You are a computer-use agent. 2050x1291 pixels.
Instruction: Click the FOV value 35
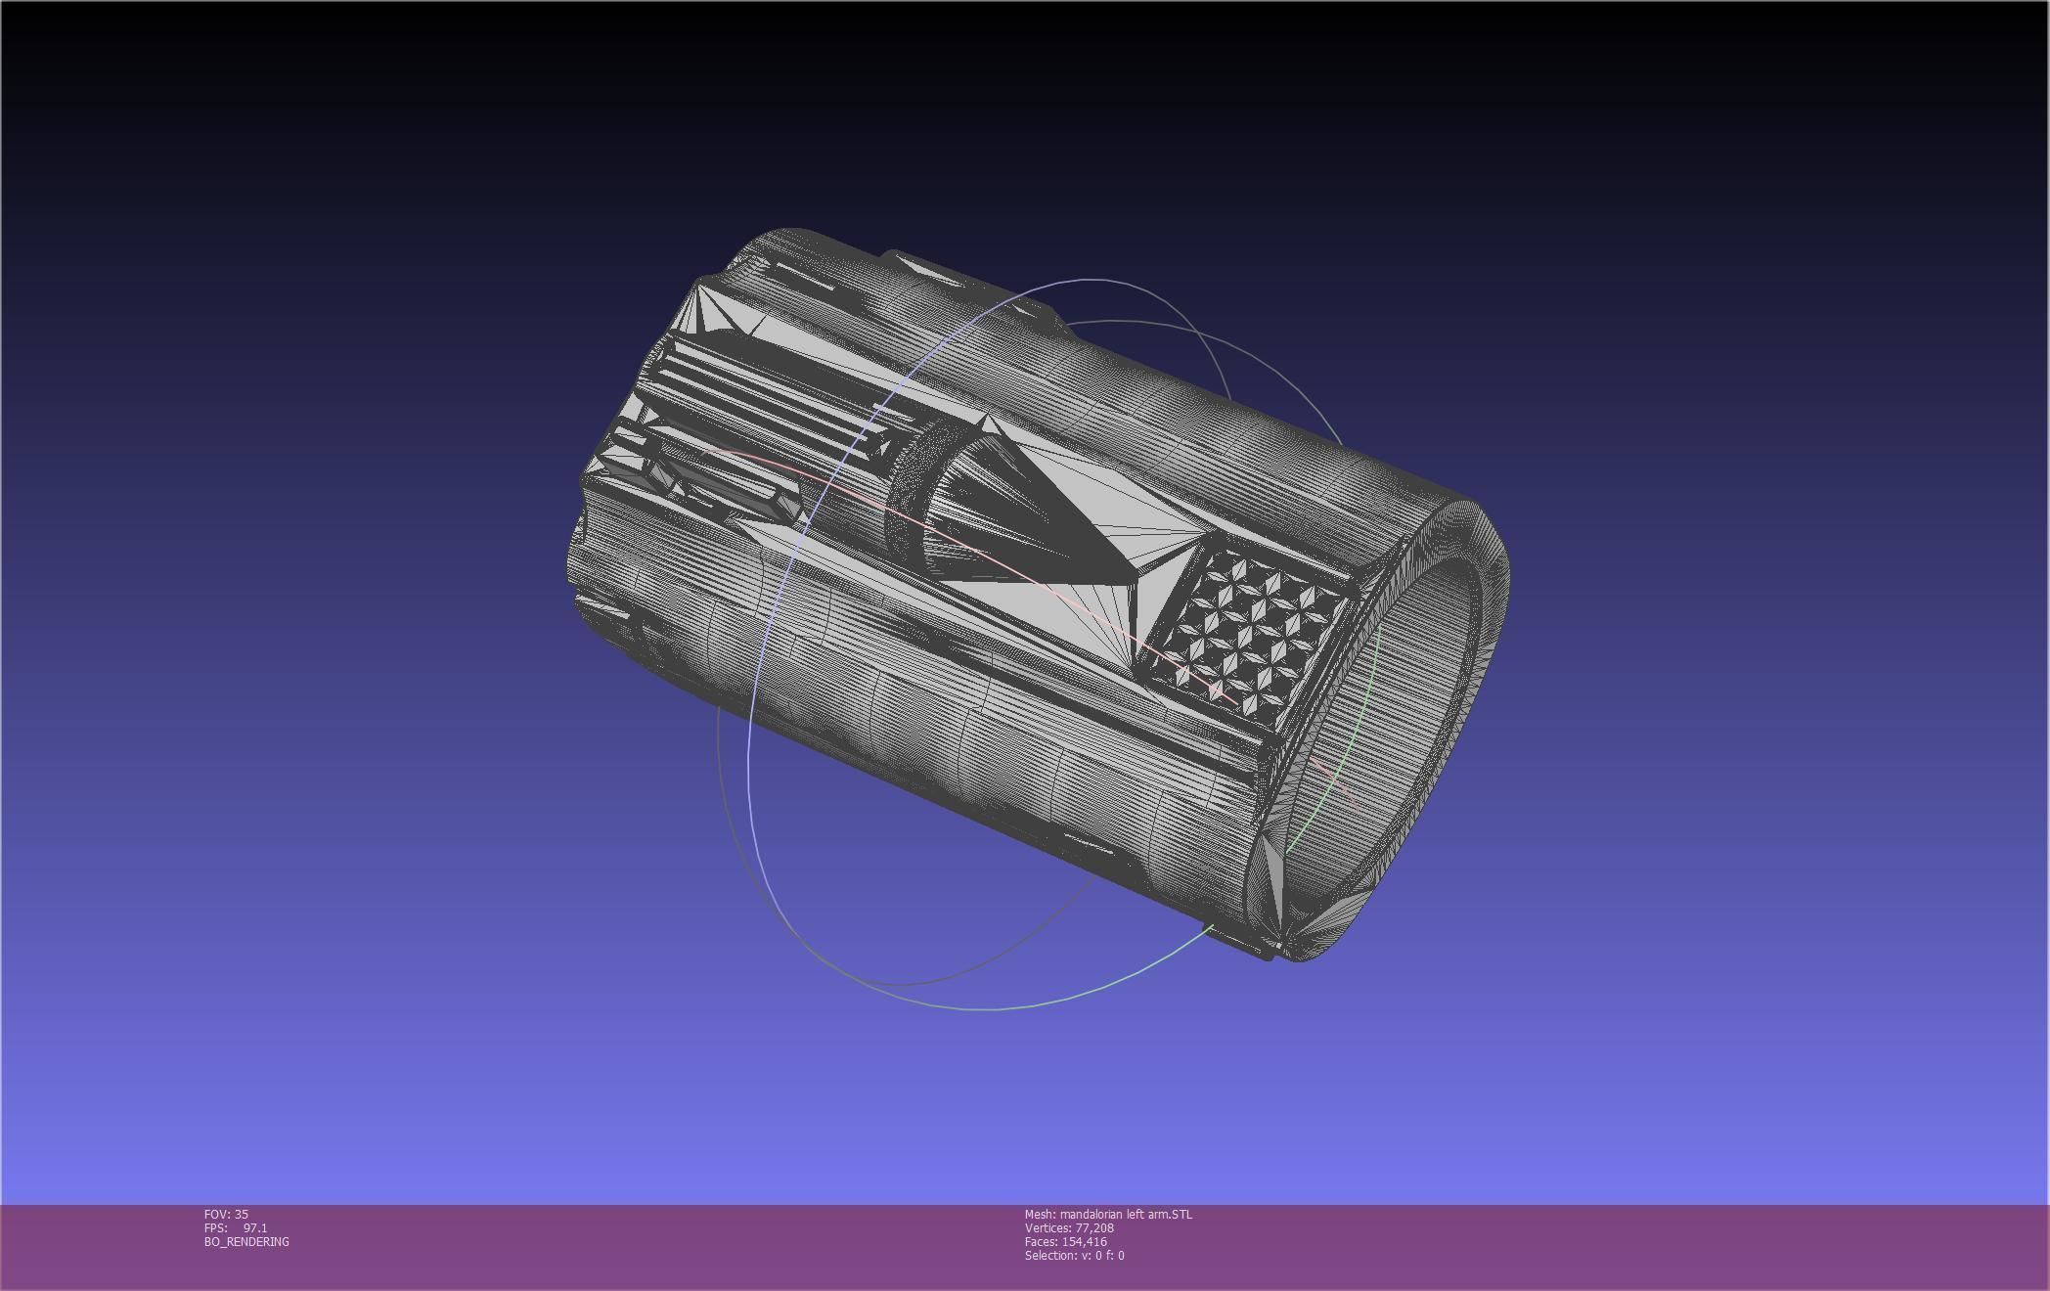click(242, 1214)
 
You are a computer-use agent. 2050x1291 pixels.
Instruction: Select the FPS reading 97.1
click(254, 1227)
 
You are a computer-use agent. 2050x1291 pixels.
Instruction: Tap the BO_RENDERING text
click(246, 1241)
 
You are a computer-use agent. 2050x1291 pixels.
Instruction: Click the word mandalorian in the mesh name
click(1092, 1214)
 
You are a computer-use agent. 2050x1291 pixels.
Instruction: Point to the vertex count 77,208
click(1094, 1227)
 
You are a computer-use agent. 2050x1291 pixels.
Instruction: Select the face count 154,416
click(1084, 1241)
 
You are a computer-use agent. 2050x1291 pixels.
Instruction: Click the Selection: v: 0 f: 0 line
click(1074, 1255)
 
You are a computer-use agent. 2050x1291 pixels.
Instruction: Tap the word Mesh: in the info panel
click(1040, 1214)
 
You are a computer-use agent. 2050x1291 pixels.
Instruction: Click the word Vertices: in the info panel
click(1047, 1227)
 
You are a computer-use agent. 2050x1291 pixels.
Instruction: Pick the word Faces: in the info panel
click(1041, 1241)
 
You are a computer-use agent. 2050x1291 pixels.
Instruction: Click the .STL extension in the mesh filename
click(1179, 1214)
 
